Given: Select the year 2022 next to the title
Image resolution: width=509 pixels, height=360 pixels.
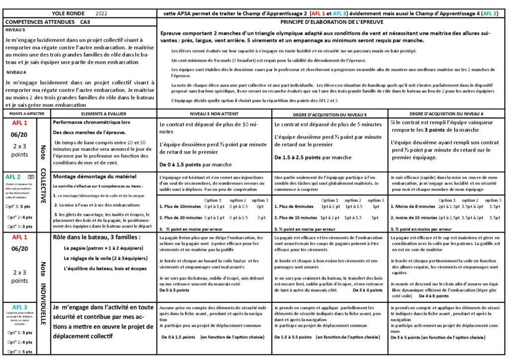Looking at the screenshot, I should pos(101,13).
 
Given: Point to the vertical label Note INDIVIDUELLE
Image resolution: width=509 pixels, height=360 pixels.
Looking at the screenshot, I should pos(43,293).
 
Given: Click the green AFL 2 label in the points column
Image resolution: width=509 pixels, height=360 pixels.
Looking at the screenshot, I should pos(13,177).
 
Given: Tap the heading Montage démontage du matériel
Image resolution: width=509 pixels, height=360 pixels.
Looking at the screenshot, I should pos(87,177).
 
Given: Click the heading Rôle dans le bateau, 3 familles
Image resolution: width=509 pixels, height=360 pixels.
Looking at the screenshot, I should pos(97,237).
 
